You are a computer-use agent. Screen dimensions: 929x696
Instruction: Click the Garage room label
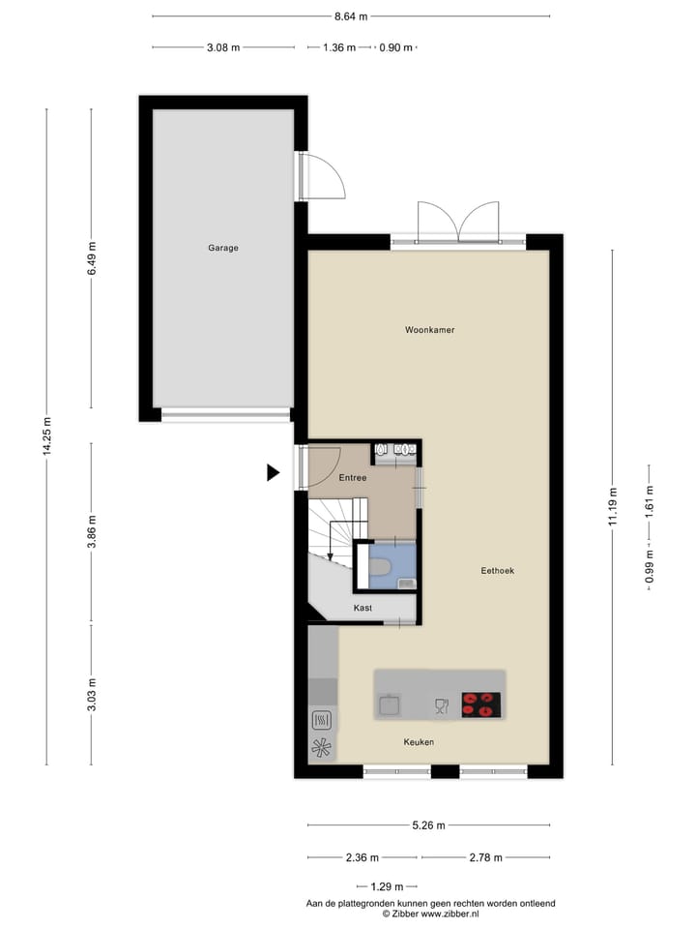pos(222,248)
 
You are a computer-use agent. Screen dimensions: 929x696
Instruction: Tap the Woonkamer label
pos(429,330)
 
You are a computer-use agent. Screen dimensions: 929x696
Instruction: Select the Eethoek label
pos(498,571)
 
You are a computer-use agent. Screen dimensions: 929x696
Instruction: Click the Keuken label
pos(419,742)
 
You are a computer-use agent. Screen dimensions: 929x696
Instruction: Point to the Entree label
pos(352,478)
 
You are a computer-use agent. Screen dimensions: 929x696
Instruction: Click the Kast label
pos(362,608)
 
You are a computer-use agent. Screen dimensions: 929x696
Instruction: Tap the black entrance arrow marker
pos(273,472)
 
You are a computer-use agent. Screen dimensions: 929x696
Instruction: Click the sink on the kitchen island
pos(391,705)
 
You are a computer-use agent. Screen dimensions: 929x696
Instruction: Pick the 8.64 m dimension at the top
pos(351,16)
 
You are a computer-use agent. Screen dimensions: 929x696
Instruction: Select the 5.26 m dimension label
pos(428,825)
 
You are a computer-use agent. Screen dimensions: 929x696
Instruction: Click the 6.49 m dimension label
pos(92,258)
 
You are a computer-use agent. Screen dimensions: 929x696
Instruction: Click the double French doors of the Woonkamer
pos(459,222)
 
